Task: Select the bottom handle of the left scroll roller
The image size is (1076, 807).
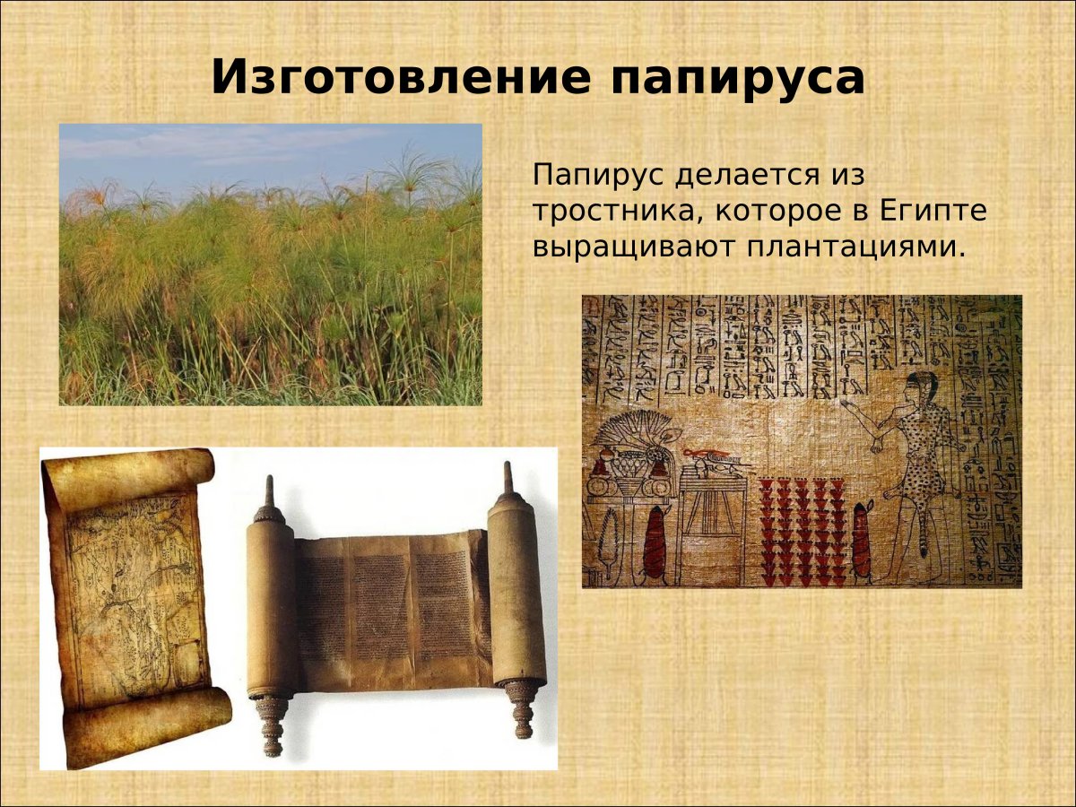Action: (x=273, y=726)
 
